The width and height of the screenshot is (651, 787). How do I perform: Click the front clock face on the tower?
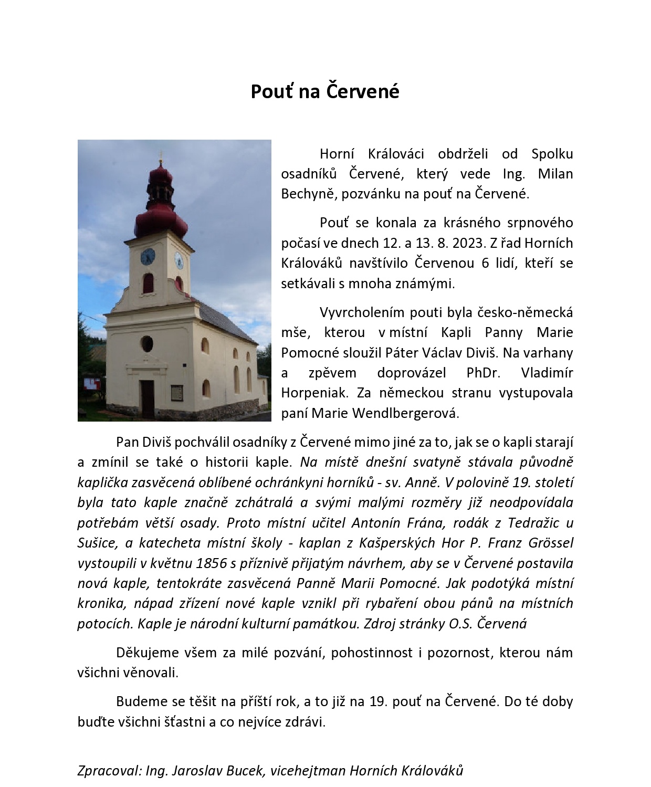point(148,257)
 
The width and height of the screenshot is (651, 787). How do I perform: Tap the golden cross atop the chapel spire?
point(161,156)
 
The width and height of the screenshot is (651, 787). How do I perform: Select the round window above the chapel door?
point(147,344)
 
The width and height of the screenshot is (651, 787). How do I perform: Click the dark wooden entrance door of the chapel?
point(148,398)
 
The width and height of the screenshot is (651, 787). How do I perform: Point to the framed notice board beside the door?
point(176,392)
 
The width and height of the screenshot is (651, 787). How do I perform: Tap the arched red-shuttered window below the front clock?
point(148,283)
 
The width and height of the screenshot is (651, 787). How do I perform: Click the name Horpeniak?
point(314,393)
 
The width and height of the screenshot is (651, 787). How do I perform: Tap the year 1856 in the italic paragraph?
point(211,563)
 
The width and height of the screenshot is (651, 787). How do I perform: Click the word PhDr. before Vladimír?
point(483,373)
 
